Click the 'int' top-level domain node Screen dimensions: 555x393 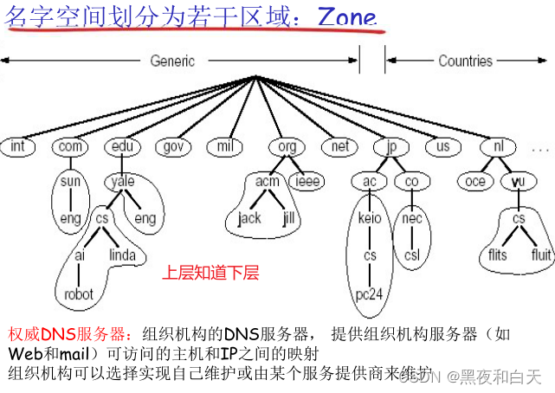(x=18, y=146)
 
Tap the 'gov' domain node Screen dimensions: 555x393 (x=171, y=146)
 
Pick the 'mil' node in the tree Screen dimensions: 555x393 (x=225, y=146)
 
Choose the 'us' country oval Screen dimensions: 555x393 (x=443, y=146)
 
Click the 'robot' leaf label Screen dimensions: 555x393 (x=79, y=294)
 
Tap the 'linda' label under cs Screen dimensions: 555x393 (x=122, y=255)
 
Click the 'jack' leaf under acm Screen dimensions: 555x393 (x=249, y=218)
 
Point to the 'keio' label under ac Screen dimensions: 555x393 (x=369, y=218)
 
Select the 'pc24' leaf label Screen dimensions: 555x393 (x=370, y=294)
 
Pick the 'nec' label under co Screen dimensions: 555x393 (x=412, y=218)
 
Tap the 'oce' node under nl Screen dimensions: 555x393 (x=475, y=182)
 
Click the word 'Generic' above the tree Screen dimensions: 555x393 (x=173, y=61)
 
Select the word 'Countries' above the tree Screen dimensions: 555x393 (x=465, y=61)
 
